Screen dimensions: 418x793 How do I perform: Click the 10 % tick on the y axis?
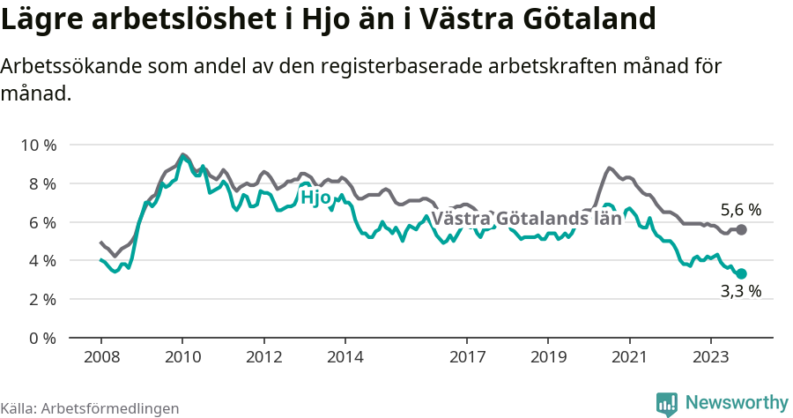coord(38,145)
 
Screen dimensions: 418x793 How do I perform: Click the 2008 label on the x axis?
coord(100,357)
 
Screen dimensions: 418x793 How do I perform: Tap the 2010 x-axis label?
coord(182,357)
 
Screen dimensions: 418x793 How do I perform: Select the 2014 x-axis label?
coord(345,357)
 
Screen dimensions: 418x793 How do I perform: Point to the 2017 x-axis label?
coord(467,357)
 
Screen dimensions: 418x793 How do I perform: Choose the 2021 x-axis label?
coord(630,357)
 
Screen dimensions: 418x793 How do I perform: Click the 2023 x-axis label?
coord(711,357)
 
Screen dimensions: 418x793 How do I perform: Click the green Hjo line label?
coord(315,198)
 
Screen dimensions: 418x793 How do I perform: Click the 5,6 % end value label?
coord(740,210)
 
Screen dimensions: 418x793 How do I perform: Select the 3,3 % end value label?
coord(740,291)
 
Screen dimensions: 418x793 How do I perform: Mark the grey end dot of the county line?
coord(741,229)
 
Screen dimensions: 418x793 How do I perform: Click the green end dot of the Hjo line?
coord(741,273)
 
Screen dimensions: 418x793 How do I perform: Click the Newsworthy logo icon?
coord(667,403)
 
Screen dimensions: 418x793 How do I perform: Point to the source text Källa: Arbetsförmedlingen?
coord(90,408)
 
